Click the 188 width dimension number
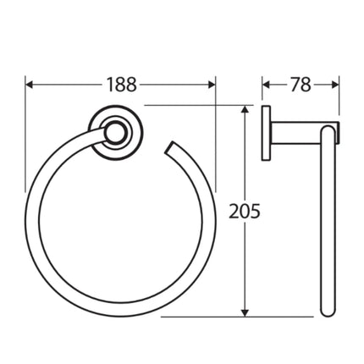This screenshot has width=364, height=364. (122, 84)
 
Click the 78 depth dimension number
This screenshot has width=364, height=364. (301, 84)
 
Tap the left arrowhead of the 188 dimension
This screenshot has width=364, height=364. (30, 84)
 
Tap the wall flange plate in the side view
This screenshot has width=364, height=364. (266, 131)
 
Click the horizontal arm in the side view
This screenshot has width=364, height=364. (296, 131)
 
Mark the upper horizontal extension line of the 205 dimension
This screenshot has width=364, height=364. (195, 105)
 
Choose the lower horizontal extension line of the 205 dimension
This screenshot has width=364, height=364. (203, 317)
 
